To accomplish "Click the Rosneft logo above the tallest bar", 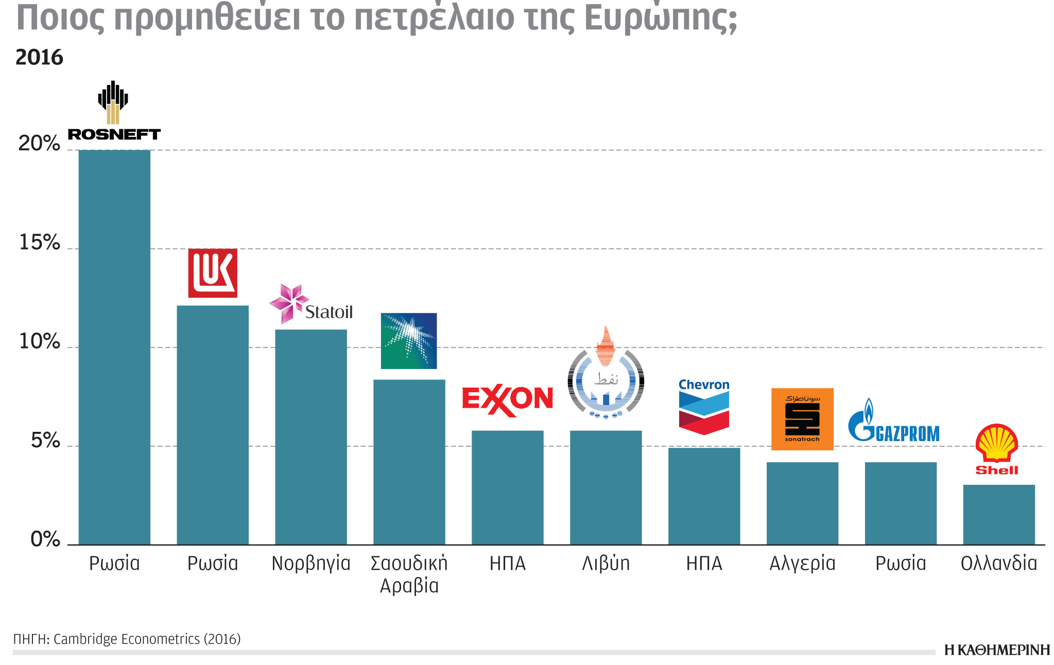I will (114, 111).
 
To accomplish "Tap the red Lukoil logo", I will (213, 273).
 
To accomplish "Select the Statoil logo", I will (311, 305).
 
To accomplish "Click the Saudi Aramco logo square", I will (409, 341).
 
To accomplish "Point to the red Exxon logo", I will (507, 400).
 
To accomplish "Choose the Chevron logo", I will (704, 407).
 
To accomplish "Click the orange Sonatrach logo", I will (802, 419).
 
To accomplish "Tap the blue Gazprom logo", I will (893, 422).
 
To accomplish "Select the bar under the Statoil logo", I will (311, 437).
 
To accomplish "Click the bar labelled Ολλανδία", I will (999, 515).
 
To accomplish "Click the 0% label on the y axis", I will (45, 539).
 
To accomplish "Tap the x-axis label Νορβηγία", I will (311, 564).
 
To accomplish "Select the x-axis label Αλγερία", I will (802, 564).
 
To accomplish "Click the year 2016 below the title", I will (39, 57).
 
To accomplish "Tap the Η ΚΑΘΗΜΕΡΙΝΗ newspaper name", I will (997, 650).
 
